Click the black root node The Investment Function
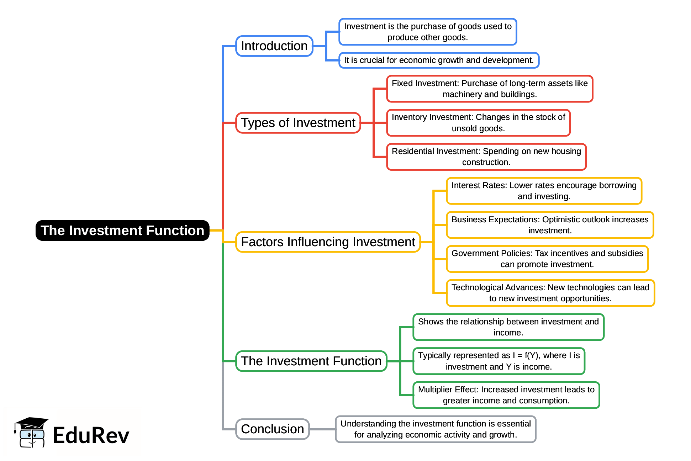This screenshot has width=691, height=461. point(122,231)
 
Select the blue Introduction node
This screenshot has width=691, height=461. point(274,46)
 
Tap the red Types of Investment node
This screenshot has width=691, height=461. point(298,123)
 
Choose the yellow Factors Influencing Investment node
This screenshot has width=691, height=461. point(328,242)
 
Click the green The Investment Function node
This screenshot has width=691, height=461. point(311,361)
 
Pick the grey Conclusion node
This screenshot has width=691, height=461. point(273,429)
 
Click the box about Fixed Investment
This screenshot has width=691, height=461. point(490,89)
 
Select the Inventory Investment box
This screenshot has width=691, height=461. point(478,123)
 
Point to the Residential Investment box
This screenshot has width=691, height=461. point(486,157)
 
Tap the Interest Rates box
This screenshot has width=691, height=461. point(544,191)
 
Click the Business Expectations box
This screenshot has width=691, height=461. point(550,225)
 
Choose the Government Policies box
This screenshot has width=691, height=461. point(547,259)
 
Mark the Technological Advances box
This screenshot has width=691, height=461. point(550,293)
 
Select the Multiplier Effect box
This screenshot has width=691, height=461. point(506,395)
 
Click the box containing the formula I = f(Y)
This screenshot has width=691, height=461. point(499,361)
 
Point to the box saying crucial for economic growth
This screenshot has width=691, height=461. point(439,60)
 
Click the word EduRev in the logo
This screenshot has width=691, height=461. point(91,435)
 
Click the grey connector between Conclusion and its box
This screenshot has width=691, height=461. point(322,429)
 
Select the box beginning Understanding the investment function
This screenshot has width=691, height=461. point(436,429)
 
